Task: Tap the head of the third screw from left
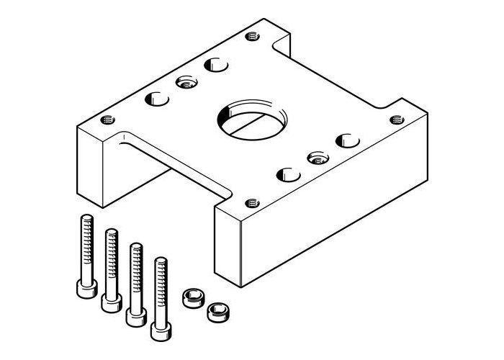tap(133, 315)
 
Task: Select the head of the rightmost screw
tap(160, 330)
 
